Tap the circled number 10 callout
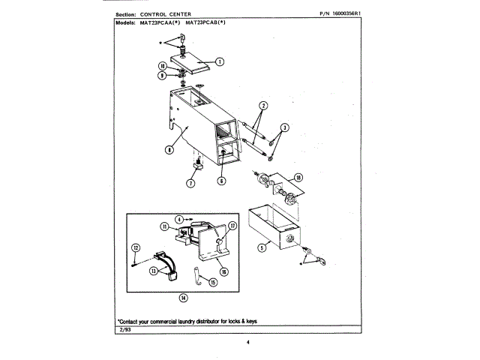(x=172, y=67)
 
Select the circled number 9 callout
(x=172, y=75)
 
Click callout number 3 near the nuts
(x=286, y=127)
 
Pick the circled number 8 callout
(x=169, y=149)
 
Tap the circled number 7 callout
(x=190, y=183)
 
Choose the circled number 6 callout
(x=222, y=181)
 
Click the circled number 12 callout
(x=136, y=247)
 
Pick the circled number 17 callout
(x=233, y=225)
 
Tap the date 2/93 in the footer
(x=124, y=331)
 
